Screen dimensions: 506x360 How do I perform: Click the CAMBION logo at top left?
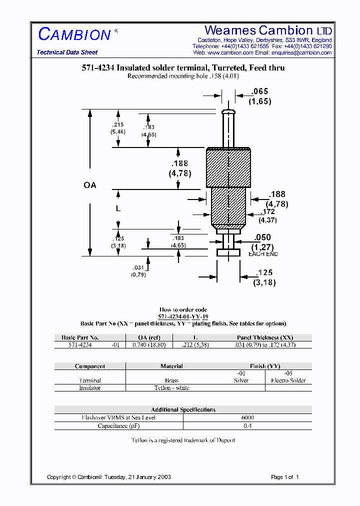click(x=74, y=34)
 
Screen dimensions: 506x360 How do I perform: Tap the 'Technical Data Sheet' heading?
click(x=67, y=52)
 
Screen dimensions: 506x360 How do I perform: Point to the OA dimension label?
click(x=89, y=185)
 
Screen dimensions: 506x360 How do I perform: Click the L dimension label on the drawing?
click(x=118, y=208)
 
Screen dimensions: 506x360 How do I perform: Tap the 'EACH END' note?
click(x=263, y=254)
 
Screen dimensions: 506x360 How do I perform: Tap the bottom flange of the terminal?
click(x=228, y=252)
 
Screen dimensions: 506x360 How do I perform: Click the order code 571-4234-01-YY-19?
click(x=183, y=316)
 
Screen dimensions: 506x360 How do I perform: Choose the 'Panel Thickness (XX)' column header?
click(x=265, y=337)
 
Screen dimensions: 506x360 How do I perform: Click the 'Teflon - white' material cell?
click(x=171, y=388)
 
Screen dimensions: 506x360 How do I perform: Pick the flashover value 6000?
click(x=247, y=417)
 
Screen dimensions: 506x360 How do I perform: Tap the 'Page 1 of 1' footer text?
click(x=284, y=477)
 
